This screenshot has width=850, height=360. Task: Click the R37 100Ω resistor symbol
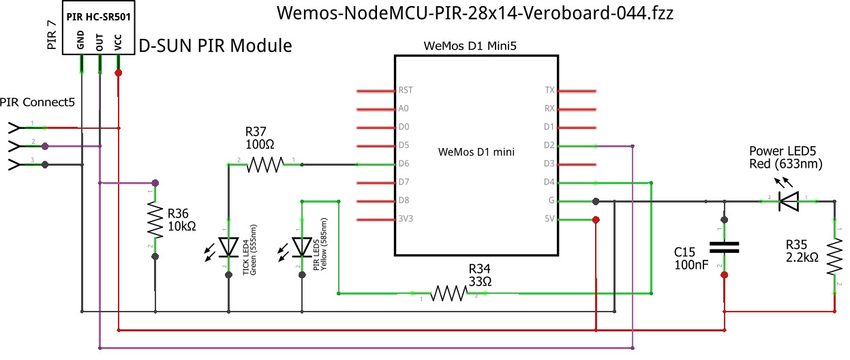264,164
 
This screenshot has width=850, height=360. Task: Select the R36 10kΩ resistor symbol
155,220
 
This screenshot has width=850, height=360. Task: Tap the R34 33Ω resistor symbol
448,293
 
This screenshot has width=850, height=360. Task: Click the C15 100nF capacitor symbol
724,247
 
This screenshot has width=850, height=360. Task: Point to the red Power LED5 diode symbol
789,201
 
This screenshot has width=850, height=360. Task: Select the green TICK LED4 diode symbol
228,247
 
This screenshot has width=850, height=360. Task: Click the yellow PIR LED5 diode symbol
301,247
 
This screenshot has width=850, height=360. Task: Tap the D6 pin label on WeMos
404,164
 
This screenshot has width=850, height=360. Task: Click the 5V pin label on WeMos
549,220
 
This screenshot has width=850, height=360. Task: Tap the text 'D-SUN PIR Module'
215,46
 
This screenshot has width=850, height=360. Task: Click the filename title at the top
476,13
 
